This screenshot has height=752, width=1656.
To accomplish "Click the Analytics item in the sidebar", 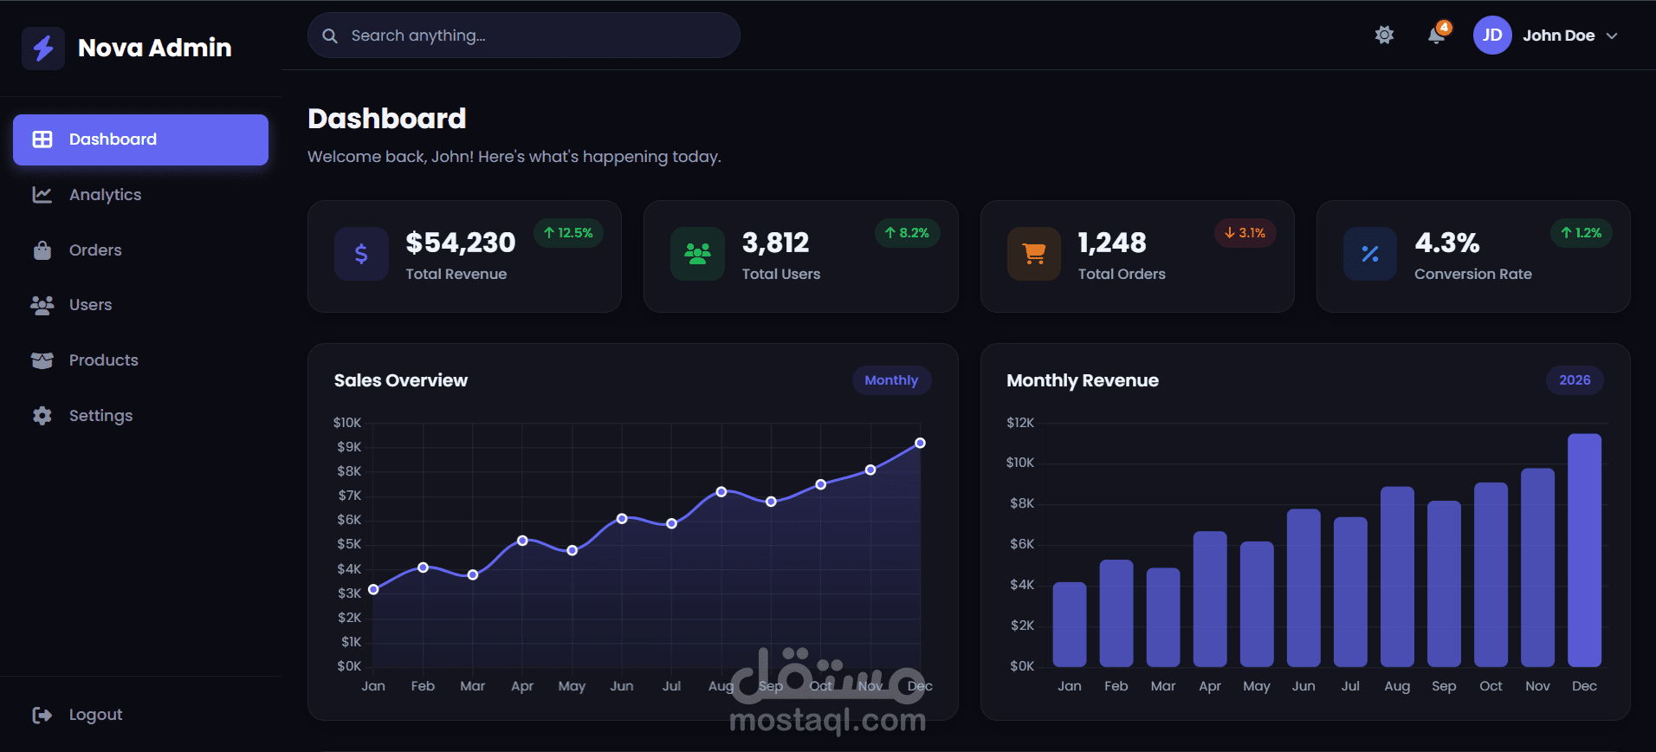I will (105, 195).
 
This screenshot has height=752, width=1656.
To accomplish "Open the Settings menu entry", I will (100, 416).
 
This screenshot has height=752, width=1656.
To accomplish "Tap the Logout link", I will (94, 715).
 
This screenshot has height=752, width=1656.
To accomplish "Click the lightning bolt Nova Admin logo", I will (43, 48).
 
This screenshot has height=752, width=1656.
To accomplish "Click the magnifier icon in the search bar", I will (330, 36).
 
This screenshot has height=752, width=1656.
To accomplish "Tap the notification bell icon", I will (1436, 35).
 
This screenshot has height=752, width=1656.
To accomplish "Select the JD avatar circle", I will (1491, 36).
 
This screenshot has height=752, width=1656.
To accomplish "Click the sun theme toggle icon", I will (1384, 35).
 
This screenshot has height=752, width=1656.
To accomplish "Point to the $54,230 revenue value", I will (460, 243).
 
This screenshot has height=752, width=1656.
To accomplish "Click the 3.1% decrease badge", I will (1245, 233).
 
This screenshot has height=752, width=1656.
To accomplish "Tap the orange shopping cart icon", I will (1033, 254).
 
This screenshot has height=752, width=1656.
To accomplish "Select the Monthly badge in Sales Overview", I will (890, 380).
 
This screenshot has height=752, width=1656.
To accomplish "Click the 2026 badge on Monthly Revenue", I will (1574, 380).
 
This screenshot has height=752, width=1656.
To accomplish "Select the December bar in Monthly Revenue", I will (1584, 550).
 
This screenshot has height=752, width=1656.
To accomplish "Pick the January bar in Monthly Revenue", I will (1069, 625).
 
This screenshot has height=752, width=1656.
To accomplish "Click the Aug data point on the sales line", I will (721, 492).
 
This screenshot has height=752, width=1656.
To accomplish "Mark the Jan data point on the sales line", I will (373, 589).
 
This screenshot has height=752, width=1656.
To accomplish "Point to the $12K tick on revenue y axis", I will (1019, 423).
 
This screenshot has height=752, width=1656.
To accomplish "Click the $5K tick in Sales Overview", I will (349, 544).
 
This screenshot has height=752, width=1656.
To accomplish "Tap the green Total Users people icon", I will (697, 254).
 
